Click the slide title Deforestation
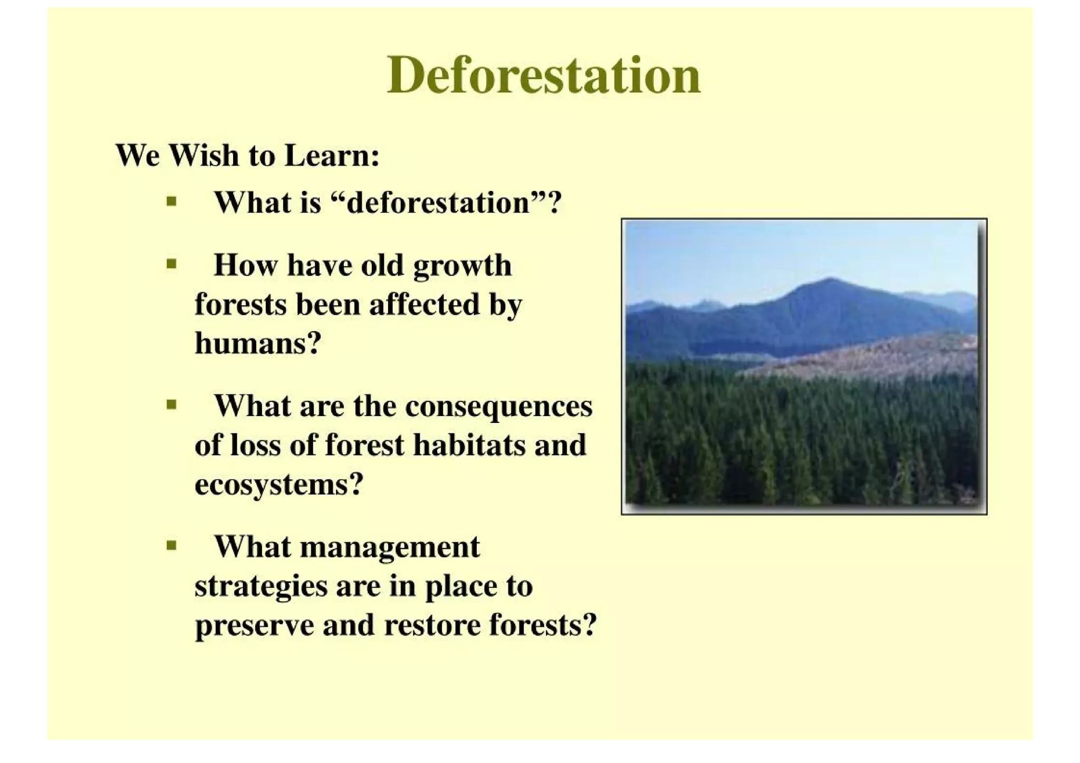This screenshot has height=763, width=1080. tap(543, 76)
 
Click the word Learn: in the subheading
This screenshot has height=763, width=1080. tap(332, 156)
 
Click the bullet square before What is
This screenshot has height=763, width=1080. tap(171, 201)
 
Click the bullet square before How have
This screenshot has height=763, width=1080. tap(171, 264)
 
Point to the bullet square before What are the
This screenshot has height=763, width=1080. tap(171, 405)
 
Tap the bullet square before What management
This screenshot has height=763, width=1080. tap(171, 545)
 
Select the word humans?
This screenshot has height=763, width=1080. tap(258, 343)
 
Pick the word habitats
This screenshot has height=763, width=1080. tap(469, 445)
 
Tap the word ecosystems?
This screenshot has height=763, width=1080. tap(279, 484)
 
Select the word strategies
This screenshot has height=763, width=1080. tap(261, 586)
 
